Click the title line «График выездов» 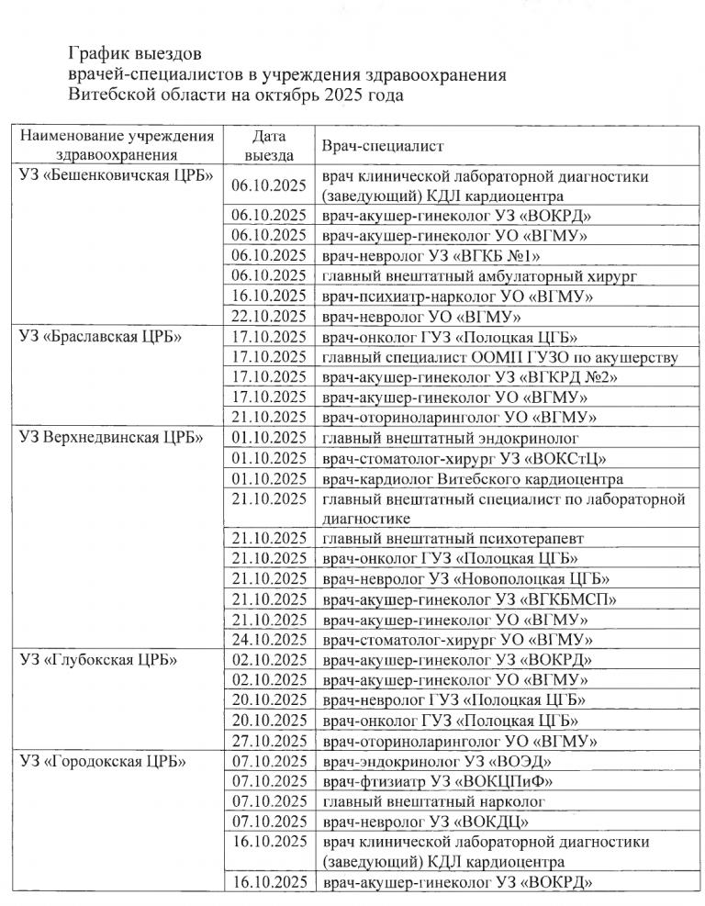(x=134, y=52)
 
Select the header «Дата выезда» (x=268, y=145)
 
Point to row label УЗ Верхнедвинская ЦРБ (x=109, y=437)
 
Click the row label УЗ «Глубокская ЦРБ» (x=98, y=659)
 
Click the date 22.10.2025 (x=269, y=316)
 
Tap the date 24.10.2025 (x=269, y=639)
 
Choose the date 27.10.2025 (x=269, y=740)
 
